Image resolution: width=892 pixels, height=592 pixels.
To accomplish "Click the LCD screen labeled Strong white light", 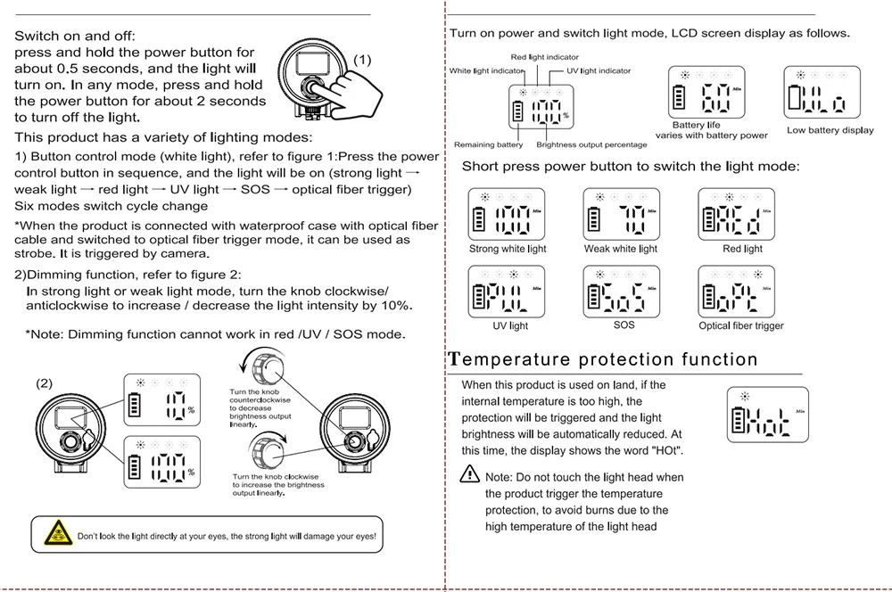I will (x=507, y=215).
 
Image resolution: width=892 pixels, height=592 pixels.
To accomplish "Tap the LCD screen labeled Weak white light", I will (x=621, y=215).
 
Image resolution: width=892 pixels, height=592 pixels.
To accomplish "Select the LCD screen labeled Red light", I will (x=736, y=215).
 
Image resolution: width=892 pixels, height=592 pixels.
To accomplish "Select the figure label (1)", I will (x=362, y=60).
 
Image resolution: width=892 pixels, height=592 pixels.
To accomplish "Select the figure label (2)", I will (x=45, y=383).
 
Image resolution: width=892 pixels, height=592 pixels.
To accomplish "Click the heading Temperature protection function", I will (x=603, y=360).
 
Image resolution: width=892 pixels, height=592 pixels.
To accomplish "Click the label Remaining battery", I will (x=488, y=144).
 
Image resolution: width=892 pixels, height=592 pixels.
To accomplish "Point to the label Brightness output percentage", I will (x=591, y=144).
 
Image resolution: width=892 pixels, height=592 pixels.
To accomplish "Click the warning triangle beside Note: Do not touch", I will (x=470, y=476).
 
